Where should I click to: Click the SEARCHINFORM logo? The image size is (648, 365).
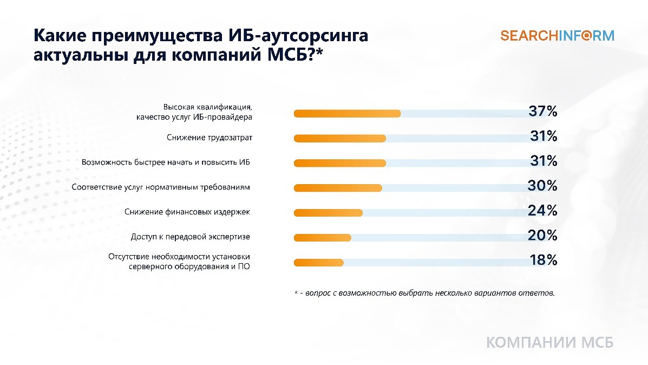tap(557, 36)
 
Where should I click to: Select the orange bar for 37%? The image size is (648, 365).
tap(347, 114)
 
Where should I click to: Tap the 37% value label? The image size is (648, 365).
tap(543, 111)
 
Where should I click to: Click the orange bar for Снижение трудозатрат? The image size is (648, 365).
tap(340, 139)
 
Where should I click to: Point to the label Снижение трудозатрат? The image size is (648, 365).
tap(210, 138)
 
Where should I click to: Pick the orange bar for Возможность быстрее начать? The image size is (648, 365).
tap(340, 164)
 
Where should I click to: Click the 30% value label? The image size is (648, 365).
tap(542, 186)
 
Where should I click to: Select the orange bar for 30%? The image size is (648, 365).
tap(338, 188)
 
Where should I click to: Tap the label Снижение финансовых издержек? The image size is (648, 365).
tap(187, 212)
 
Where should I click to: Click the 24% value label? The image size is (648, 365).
tap(542, 211)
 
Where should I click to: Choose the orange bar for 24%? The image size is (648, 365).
tap(328, 213)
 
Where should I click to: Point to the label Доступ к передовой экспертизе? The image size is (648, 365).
tap(191, 237)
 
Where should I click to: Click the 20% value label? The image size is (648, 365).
tap(542, 235)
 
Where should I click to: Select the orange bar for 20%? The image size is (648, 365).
tap(322, 238)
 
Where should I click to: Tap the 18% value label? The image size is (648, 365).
tap(544, 260)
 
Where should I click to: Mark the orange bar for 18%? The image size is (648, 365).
tap(319, 263)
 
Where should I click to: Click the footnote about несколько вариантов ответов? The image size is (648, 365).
tap(424, 293)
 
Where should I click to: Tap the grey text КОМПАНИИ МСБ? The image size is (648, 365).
tap(549, 343)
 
